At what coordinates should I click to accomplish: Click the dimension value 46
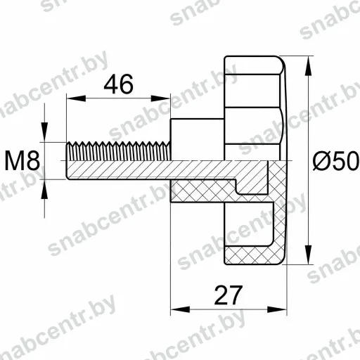point(119,84)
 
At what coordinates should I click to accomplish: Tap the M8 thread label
point(22,160)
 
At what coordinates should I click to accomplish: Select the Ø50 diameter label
point(336,160)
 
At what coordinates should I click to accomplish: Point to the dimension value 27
point(229,295)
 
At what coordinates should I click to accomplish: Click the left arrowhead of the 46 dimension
point(76,98)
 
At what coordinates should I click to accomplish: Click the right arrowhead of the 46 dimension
point(160,98)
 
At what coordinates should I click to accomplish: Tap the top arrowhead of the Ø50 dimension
point(309,66)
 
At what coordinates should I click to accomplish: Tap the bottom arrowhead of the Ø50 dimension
point(309,255)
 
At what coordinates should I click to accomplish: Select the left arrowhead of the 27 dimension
point(180,309)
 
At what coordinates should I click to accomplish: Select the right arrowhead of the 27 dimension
point(277,309)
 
